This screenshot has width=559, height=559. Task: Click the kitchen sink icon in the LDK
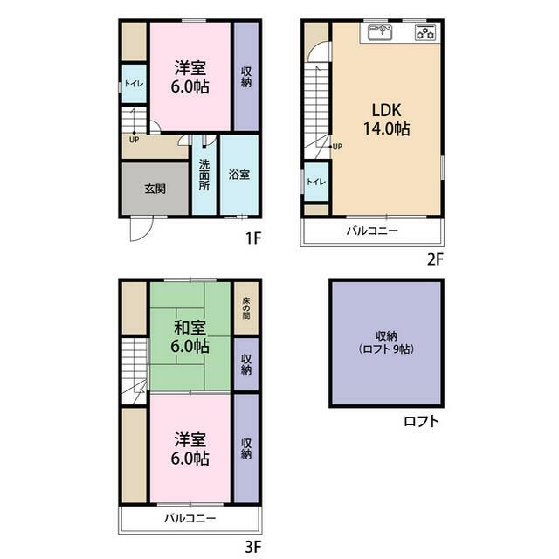(380, 33)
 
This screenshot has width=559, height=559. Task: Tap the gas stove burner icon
(425, 33)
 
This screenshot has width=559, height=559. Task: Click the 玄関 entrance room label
(155, 189)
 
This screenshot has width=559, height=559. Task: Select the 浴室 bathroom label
(238, 175)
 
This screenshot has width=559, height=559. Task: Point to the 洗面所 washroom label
(204, 175)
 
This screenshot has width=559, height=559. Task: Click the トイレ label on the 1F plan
(134, 84)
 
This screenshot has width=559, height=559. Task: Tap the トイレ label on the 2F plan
(316, 182)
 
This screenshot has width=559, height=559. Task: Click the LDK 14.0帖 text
(386, 120)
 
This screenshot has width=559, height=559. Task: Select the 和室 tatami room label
(190, 328)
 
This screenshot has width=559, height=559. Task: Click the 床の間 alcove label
(246, 308)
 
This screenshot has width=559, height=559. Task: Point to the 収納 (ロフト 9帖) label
(386, 342)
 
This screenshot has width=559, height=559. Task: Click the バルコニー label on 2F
(372, 231)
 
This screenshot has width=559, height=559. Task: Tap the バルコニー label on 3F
(190, 518)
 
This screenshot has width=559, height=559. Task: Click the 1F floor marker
(254, 238)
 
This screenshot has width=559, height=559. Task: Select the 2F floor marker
(435, 259)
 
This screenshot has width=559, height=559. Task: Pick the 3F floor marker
(253, 547)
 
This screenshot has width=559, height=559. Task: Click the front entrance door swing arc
(147, 234)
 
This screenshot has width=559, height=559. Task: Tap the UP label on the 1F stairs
(134, 140)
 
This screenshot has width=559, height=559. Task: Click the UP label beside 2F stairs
(337, 147)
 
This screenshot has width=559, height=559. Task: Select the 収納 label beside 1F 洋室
(246, 77)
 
